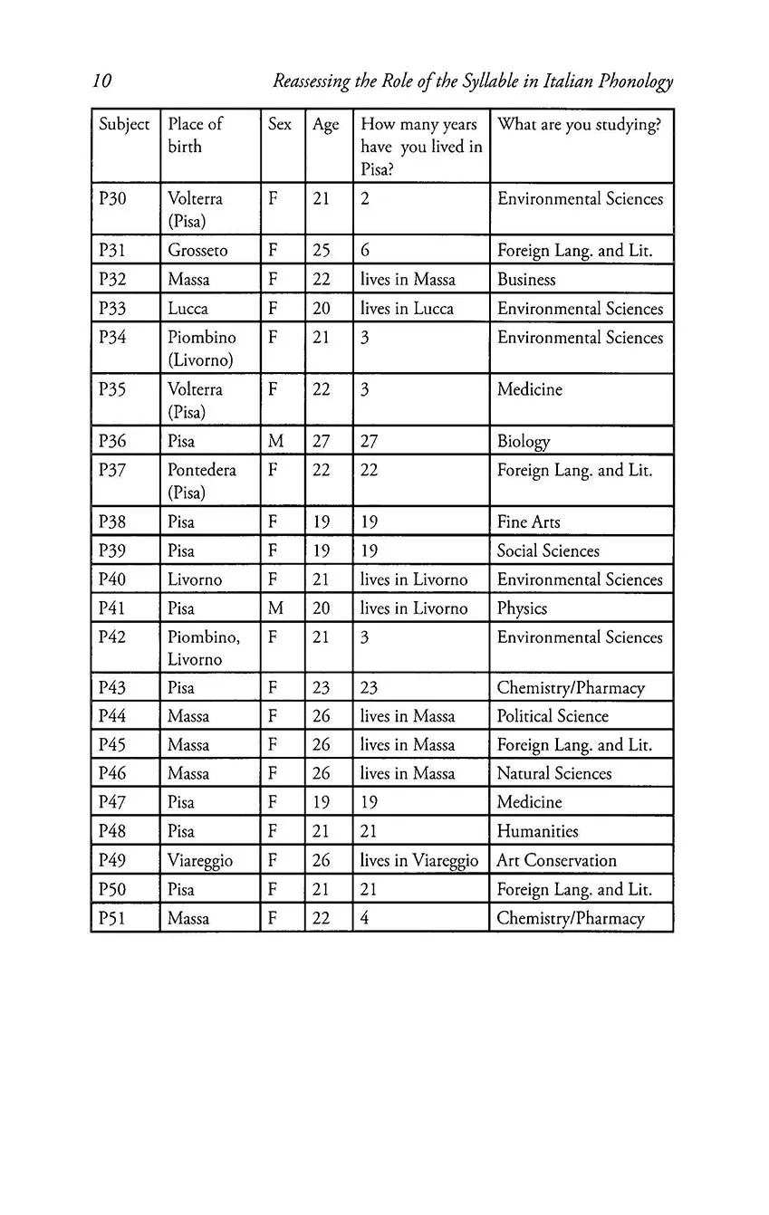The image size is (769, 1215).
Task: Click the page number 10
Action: pos(101,81)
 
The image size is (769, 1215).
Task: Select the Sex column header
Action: pos(280,125)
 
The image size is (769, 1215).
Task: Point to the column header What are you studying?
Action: pos(579,125)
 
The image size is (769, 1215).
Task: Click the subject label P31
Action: pos(112,251)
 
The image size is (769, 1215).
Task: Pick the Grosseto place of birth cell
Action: pos(197,251)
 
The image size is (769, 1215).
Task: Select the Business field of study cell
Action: pos(526,280)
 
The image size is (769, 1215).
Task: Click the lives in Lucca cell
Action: pos(407,309)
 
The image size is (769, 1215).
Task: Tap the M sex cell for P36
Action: pos(276,442)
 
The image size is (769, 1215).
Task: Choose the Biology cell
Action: pos(524,442)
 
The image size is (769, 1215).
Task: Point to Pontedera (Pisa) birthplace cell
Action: pos(201,481)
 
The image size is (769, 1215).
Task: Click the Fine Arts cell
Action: pos(528,522)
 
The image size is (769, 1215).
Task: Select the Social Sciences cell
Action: pos(548,551)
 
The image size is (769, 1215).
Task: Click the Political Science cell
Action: pos(553,716)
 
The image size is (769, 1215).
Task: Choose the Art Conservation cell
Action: pos(556,861)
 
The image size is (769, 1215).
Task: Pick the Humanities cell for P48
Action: pos(537,831)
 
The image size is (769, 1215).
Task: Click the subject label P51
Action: pos(112,918)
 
